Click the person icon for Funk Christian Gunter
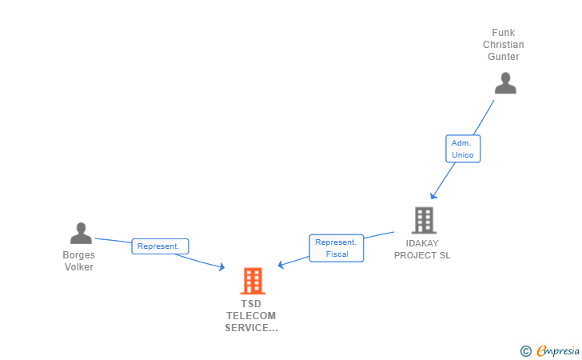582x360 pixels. point(505,83)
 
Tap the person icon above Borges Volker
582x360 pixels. point(81,233)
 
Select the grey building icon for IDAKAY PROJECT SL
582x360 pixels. point(424,220)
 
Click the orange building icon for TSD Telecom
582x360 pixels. point(253,281)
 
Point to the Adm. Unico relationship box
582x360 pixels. point(463,149)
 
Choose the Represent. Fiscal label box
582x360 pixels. point(337,248)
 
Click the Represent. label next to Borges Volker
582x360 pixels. point(160,246)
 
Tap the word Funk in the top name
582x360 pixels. point(504,33)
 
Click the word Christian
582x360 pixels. point(504,45)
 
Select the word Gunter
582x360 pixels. point(504,57)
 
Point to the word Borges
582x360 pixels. point(79,255)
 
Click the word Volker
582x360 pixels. point(79,267)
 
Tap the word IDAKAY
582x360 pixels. point(422,243)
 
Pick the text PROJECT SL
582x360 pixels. point(422,255)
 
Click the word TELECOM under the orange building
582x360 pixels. point(251,316)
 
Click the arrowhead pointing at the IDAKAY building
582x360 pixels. point(433,196)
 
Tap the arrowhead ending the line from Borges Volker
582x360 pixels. point(222,269)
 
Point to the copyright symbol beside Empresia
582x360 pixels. point(525,350)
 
